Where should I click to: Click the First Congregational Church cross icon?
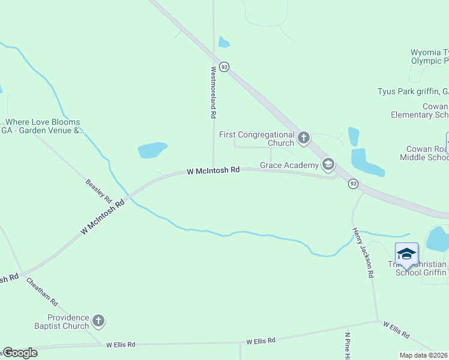point(304,139)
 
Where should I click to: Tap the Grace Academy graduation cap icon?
point(328,164)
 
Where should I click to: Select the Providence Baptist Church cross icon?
point(98,322)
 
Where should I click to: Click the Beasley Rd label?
point(99,190)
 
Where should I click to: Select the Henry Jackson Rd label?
point(363,252)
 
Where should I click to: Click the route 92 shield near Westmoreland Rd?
point(224,67)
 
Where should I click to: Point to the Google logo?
point(20,353)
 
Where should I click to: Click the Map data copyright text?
point(424,355)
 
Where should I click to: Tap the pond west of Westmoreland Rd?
point(152,150)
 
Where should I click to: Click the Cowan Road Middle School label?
point(424,153)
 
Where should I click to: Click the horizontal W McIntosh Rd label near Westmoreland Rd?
point(213,171)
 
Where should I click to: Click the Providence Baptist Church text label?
point(68,322)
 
